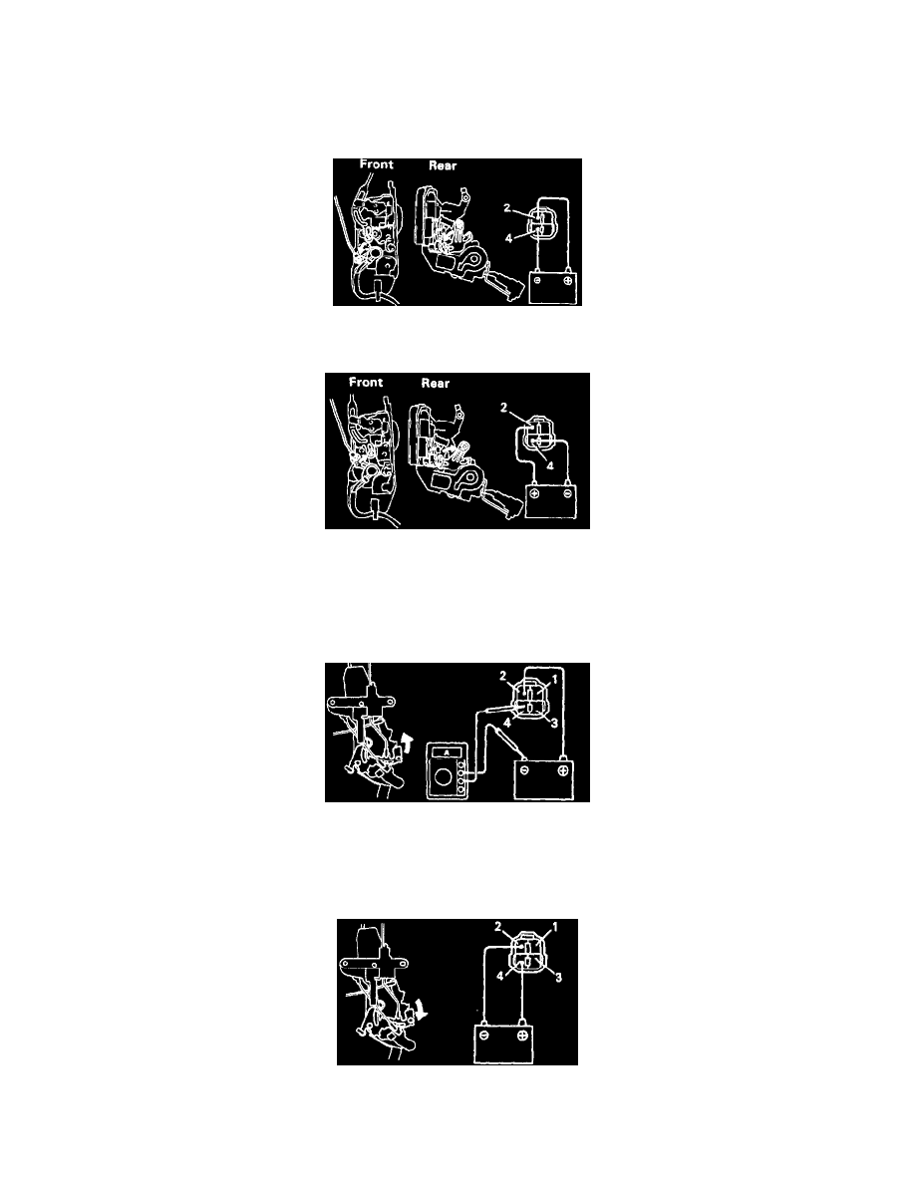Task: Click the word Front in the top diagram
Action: pos(376,163)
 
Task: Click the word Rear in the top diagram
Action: pos(443,165)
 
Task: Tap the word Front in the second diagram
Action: pos(366,382)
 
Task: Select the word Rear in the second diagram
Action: pos(435,383)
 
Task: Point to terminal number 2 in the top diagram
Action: pos(506,207)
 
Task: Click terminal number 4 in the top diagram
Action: pos(508,238)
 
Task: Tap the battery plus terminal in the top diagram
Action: pos(566,281)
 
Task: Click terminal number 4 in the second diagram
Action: pos(550,465)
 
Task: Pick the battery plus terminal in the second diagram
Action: pos(534,493)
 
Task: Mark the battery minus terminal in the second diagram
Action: pos(566,493)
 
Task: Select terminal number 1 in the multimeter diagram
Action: pos(555,679)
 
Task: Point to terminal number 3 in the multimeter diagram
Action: pos(555,724)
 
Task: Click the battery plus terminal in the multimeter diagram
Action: pos(562,771)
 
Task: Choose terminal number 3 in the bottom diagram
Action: pos(558,977)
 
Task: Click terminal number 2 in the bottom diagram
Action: pos(497,927)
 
